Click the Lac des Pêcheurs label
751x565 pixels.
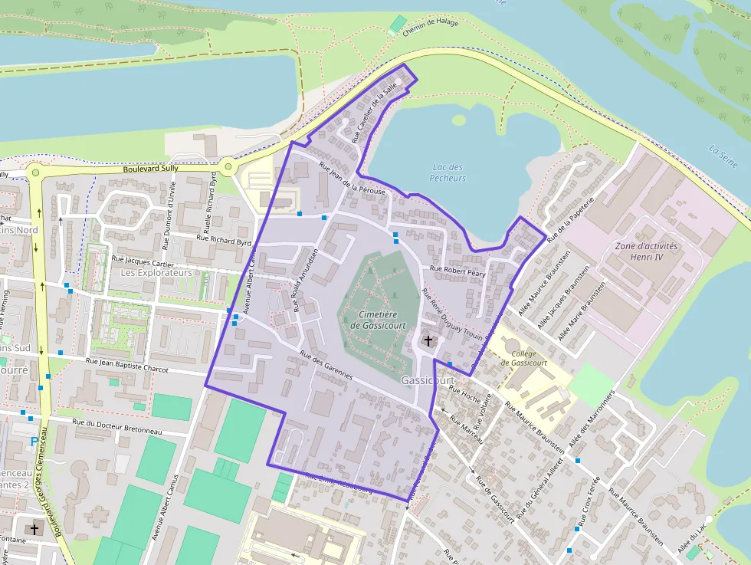[448, 172]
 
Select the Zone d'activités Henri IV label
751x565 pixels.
[646, 251]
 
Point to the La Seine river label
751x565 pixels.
[723, 156]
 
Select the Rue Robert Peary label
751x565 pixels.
[457, 271]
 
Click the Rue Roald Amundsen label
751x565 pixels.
[306, 280]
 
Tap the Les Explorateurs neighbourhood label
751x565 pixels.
[156, 272]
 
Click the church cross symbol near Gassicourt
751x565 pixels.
[428, 340]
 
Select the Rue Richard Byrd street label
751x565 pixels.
[224, 240]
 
